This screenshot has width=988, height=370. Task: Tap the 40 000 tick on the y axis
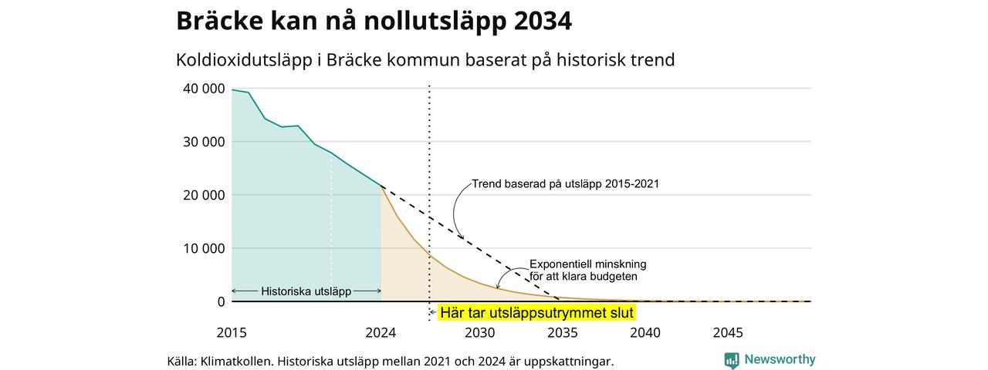tap(204, 89)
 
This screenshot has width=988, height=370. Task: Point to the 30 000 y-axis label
tap(204, 142)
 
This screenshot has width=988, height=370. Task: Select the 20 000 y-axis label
tap(204, 195)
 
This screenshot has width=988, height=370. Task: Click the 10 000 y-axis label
tap(204, 248)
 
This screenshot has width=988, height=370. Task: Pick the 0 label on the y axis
tap(222, 301)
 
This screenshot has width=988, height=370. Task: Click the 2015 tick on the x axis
tap(232, 332)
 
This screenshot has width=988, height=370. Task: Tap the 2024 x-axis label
tap(381, 332)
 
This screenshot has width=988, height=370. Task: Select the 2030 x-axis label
tap(480, 332)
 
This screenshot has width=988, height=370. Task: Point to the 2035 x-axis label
tap(563, 332)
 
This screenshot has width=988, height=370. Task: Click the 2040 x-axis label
tap(645, 332)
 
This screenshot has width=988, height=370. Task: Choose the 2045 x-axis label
tap(728, 332)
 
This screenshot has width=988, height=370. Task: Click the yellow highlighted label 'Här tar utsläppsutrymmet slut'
tap(536, 313)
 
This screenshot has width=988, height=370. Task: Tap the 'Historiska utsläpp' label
tap(306, 291)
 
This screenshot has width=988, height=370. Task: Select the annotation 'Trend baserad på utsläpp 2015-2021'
tap(566, 183)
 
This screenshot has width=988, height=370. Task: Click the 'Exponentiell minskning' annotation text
tap(588, 264)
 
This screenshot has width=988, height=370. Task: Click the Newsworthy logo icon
tap(732, 360)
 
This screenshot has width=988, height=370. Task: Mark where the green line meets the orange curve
tap(381, 187)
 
